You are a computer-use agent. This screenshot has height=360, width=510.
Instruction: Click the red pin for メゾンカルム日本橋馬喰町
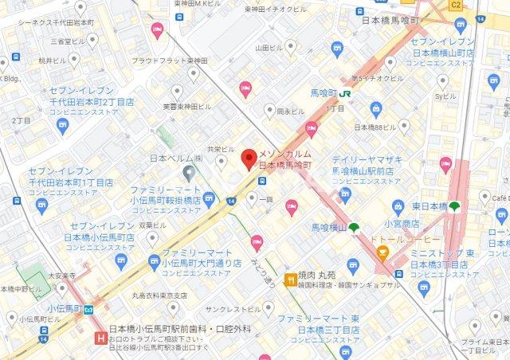(x=249, y=156)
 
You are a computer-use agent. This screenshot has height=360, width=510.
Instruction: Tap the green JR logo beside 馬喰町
(x=345, y=93)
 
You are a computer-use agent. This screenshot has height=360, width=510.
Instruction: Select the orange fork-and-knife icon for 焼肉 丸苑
(x=292, y=279)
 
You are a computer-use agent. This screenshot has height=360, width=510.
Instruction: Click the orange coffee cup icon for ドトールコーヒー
(x=383, y=254)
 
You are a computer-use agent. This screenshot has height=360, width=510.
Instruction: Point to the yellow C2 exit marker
(x=455, y=5)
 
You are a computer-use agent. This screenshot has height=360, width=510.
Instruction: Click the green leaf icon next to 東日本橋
(x=454, y=206)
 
